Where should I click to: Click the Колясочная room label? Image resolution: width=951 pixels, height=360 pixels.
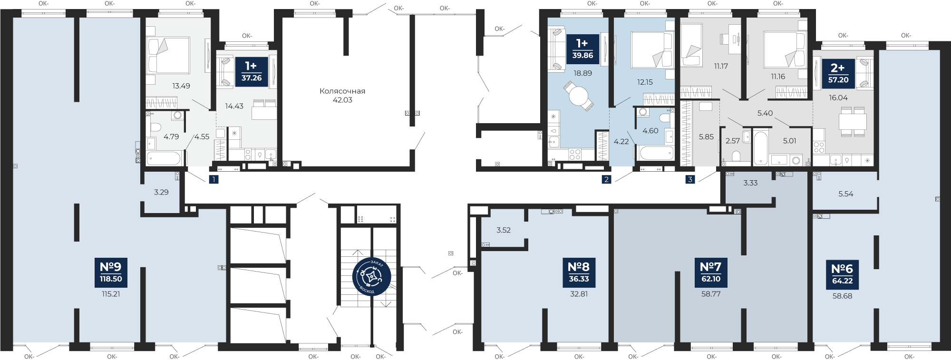coord(342,91)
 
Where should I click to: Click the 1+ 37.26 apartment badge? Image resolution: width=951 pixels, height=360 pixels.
coord(252,72)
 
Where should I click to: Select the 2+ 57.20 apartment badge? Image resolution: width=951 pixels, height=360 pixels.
coord(838,74)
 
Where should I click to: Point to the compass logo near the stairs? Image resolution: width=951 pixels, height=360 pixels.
coord(372,276)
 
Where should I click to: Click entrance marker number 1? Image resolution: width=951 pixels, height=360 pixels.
coord(214,179)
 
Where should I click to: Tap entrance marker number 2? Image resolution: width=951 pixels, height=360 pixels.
coord(606,179)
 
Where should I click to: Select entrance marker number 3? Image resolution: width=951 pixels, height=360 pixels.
coord(690,179)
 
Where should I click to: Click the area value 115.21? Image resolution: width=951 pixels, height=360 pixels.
coord(111,294)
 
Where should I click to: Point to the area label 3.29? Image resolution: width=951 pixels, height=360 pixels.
coord(161,192)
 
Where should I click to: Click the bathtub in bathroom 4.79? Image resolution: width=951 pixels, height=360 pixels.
coord(164,158)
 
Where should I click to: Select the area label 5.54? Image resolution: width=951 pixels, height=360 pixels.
coord(846,194)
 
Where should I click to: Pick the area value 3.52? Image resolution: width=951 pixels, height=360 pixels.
coord(504,230)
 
